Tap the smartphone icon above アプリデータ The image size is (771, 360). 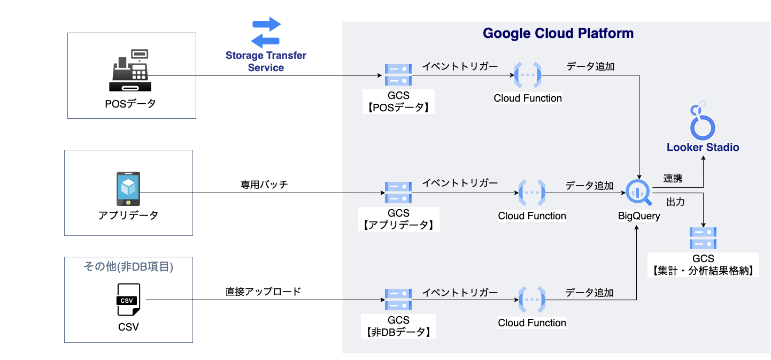[x=128, y=189]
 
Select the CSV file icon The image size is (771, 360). [x=128, y=300]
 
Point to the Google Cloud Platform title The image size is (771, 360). [x=558, y=33]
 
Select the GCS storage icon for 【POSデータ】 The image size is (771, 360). [x=398, y=75]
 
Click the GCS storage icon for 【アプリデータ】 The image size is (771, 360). [x=398, y=193]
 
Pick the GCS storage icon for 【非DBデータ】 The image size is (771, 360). [x=398, y=300]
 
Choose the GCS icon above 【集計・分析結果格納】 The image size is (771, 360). [x=703, y=238]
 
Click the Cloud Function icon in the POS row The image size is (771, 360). [x=528, y=75]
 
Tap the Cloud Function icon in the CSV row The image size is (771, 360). [x=532, y=300]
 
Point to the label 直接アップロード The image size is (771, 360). [x=263, y=292]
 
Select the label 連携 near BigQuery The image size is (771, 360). [x=673, y=179]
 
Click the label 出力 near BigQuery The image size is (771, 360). [x=675, y=202]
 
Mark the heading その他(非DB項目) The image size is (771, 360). [x=128, y=266]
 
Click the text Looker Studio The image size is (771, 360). [x=703, y=147]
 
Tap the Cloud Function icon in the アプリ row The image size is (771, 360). [x=532, y=193]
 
